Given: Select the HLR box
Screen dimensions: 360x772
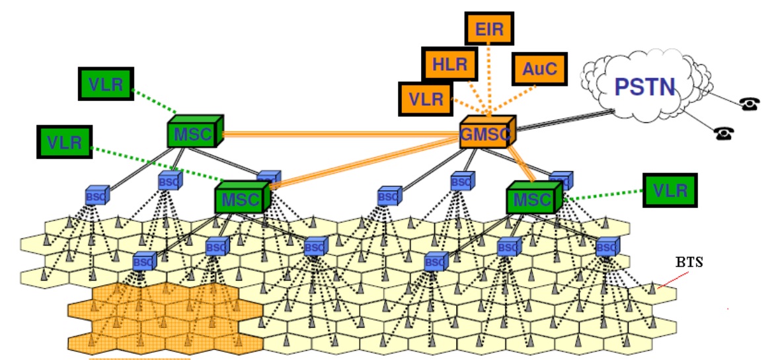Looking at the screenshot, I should (449, 65).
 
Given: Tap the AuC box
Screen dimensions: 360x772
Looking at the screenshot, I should (539, 68).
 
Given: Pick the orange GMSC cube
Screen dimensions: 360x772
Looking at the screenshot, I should (486, 135).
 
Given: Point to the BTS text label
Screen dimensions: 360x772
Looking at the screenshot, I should (689, 262).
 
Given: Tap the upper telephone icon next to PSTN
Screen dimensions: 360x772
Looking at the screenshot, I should (749, 104).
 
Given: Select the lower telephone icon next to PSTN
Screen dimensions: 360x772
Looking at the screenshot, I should (724, 133).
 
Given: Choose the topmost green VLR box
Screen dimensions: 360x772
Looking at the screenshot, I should (106, 85).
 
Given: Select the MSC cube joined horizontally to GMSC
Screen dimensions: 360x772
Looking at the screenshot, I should (193, 135).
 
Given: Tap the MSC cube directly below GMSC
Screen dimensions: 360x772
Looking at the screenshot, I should (533, 199).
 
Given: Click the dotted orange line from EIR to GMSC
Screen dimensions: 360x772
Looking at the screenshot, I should (488, 79).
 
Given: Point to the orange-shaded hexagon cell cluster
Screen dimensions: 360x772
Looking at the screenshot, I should (165, 317).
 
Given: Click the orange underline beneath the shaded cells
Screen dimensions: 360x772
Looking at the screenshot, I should (139, 358).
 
